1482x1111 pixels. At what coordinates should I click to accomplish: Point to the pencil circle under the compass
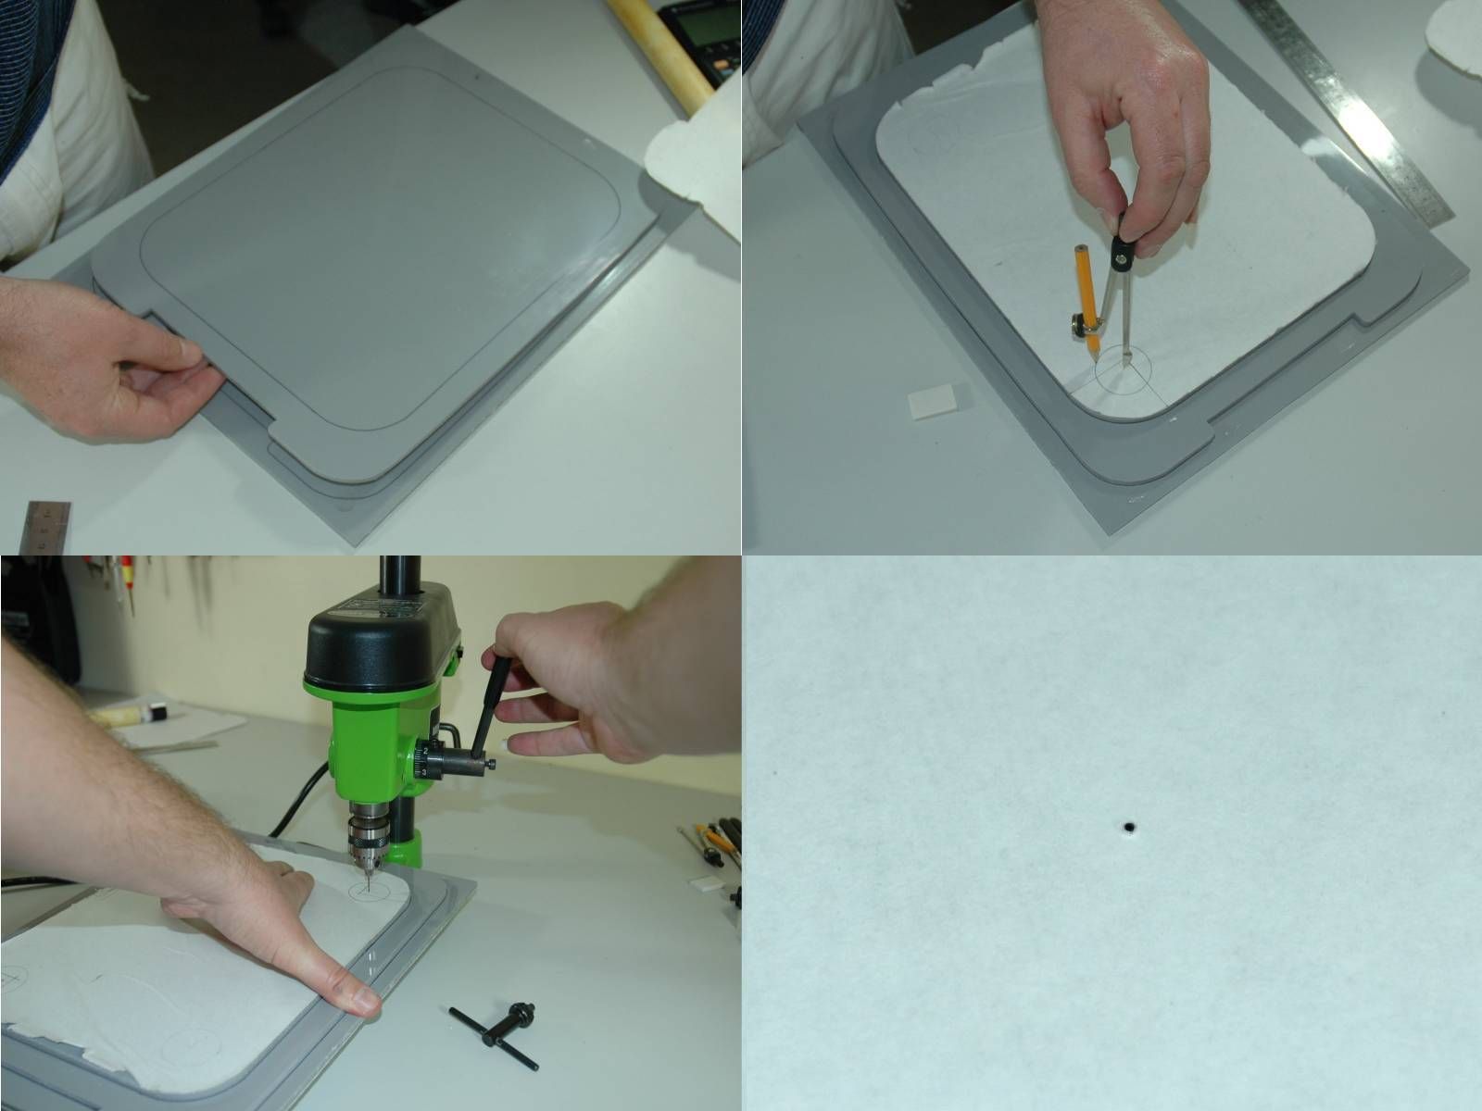tap(1124, 371)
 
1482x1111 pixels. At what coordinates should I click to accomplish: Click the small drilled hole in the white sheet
tap(1130, 827)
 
